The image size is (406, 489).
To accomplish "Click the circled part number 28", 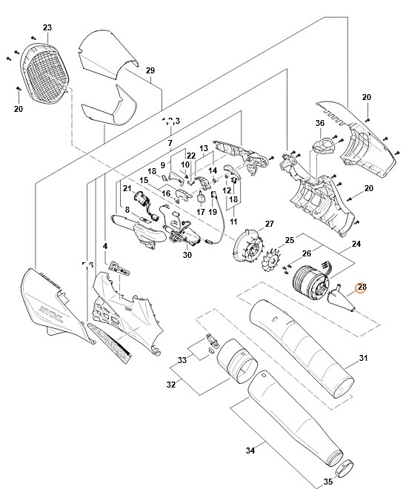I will point(362,287).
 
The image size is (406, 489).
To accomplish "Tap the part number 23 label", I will point(47,27).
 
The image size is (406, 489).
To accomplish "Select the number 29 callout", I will point(150,70).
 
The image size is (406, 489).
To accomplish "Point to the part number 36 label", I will point(320,123).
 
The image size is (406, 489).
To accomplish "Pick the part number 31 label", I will point(363,359).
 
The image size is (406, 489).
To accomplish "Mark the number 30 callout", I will point(187,255).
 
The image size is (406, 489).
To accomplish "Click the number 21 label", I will point(127,188).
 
